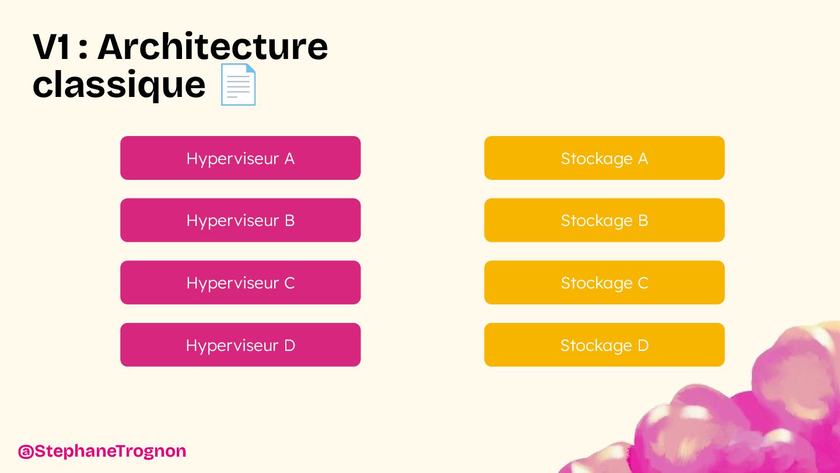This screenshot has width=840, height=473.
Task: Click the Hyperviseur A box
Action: pos(240,158)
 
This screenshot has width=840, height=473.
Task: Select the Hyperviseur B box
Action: pos(240,220)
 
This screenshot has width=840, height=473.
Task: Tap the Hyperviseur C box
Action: pos(240,283)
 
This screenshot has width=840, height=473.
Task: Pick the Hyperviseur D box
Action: pos(240,345)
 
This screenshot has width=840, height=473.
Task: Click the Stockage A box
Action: pos(604,158)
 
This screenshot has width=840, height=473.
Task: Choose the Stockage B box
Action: pos(604,220)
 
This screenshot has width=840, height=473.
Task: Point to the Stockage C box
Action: pos(604,283)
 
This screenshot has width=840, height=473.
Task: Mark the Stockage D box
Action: pos(604,345)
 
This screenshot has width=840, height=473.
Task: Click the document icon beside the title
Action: pos(238,85)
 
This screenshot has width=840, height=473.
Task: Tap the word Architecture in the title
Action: pos(213,47)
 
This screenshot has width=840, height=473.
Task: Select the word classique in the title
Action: pos(119,85)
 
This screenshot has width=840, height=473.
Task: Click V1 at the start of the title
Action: pos(51,47)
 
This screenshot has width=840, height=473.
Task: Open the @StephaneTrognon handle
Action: pos(102,451)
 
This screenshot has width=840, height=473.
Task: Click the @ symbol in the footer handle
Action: pos(25,451)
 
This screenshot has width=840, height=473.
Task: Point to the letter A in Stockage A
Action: pos(642,159)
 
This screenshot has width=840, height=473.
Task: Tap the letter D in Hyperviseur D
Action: pos(289,346)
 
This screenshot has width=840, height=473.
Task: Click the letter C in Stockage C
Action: pos(642,283)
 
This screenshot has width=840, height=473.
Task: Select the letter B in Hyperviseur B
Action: pos(289,221)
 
